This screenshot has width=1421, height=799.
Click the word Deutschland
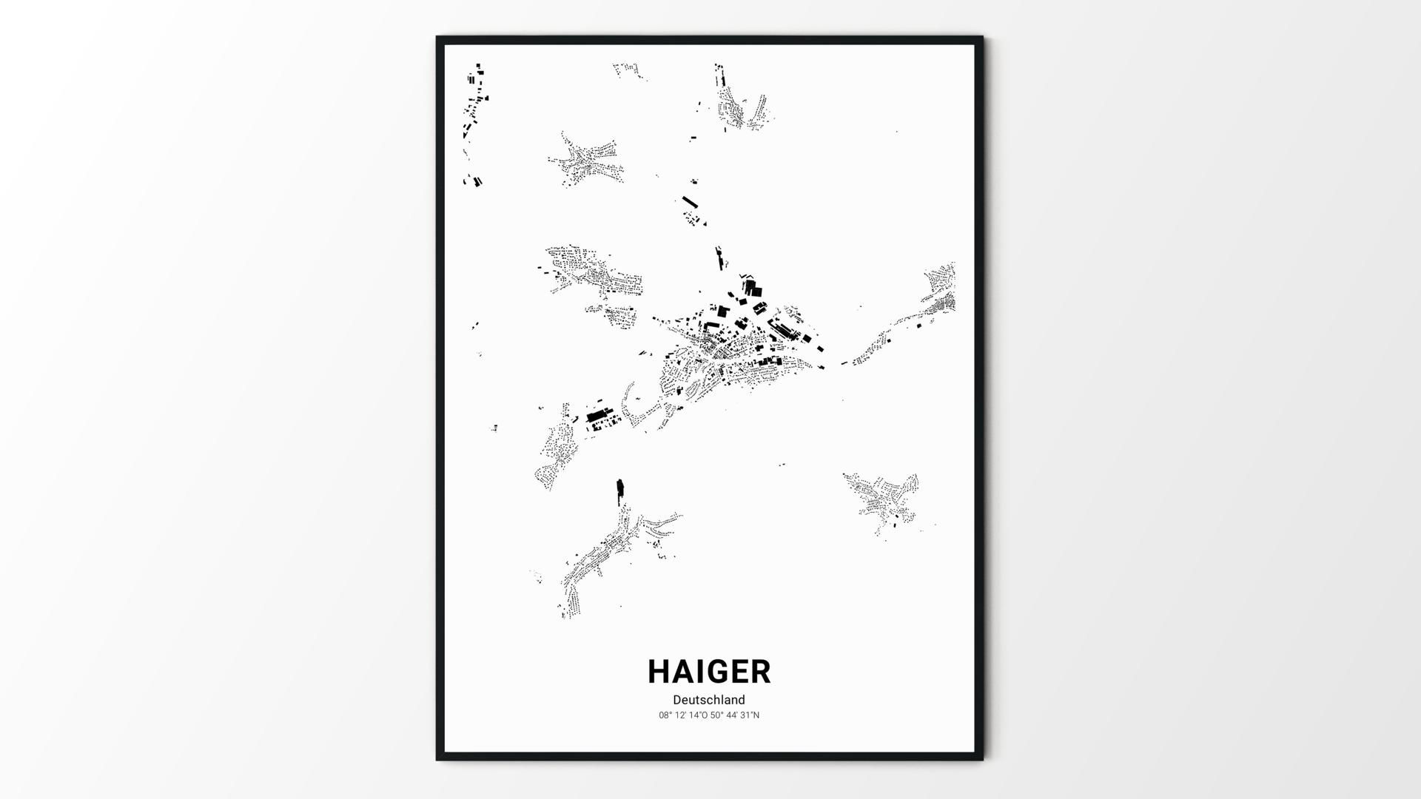pos(709,700)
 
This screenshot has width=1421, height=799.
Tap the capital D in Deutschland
pos(677,700)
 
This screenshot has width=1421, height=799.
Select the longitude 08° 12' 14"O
pos(683,715)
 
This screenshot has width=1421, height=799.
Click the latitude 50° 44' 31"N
pos(735,715)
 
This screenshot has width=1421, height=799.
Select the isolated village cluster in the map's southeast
pos(884,499)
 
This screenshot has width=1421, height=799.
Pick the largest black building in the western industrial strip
pos(596,417)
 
